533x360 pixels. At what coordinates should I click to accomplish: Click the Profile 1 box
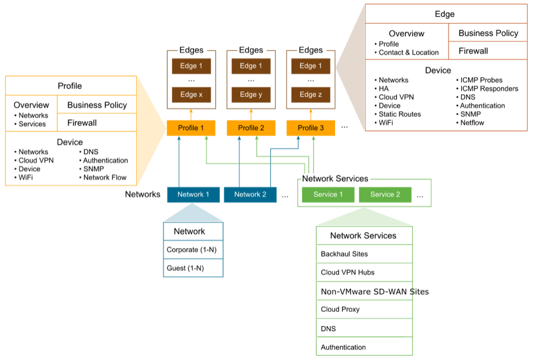(x=191, y=128)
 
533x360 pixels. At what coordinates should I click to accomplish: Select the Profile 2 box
(x=251, y=128)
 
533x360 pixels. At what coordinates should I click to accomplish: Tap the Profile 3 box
(x=310, y=128)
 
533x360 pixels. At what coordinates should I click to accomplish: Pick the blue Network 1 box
(x=193, y=195)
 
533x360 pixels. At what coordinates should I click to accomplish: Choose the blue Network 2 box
(x=250, y=195)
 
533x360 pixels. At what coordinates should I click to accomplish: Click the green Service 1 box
(x=328, y=195)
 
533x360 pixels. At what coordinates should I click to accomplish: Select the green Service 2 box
(x=385, y=195)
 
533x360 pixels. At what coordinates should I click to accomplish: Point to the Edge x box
(x=191, y=94)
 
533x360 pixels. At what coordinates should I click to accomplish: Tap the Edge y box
(x=251, y=94)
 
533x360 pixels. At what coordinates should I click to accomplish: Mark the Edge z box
(x=310, y=94)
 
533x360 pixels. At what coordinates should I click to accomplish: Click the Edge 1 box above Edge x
(x=191, y=66)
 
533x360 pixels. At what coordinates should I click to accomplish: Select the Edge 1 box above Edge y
(x=251, y=66)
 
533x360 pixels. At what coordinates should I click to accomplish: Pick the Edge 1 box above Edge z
(x=310, y=66)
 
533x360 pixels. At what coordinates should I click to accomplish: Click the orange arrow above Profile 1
(x=191, y=114)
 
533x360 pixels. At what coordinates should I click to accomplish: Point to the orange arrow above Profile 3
(x=310, y=114)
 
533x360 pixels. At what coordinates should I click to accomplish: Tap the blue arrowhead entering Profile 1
(x=179, y=139)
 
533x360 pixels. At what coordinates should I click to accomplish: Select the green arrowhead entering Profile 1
(x=206, y=139)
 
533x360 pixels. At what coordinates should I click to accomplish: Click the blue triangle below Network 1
(x=192, y=215)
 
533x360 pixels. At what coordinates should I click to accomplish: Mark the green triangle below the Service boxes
(x=364, y=218)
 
